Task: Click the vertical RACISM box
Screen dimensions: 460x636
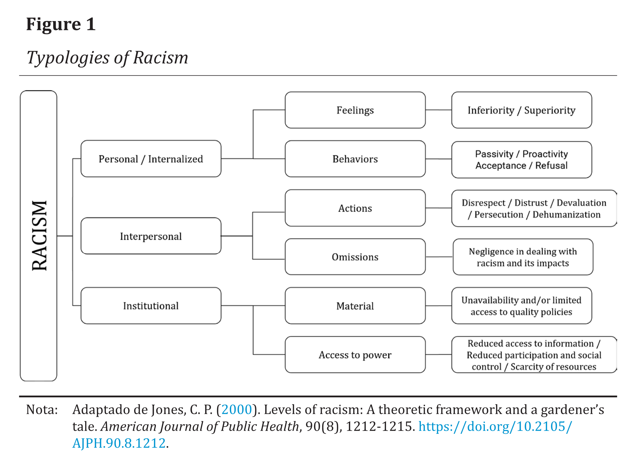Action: (x=39, y=235)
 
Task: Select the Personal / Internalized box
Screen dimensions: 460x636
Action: (x=151, y=159)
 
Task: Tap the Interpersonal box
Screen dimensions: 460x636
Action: (x=151, y=236)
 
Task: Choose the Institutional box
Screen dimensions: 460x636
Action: (x=151, y=306)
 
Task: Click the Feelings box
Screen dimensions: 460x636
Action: (x=355, y=110)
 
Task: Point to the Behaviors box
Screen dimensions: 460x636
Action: (x=355, y=159)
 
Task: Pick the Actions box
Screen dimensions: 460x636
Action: (x=355, y=208)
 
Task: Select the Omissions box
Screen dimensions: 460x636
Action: (x=355, y=257)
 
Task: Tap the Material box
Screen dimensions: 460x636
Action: (x=355, y=306)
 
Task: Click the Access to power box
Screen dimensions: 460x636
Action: (x=355, y=355)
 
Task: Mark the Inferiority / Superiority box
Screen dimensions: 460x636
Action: (x=522, y=110)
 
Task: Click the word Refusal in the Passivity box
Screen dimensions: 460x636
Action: (x=551, y=166)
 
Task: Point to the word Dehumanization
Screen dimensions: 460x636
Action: (x=567, y=214)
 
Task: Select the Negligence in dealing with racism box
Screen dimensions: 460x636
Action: (x=523, y=257)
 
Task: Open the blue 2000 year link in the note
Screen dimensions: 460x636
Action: (x=237, y=409)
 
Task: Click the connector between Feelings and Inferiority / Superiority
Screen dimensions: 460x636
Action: (x=439, y=110)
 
